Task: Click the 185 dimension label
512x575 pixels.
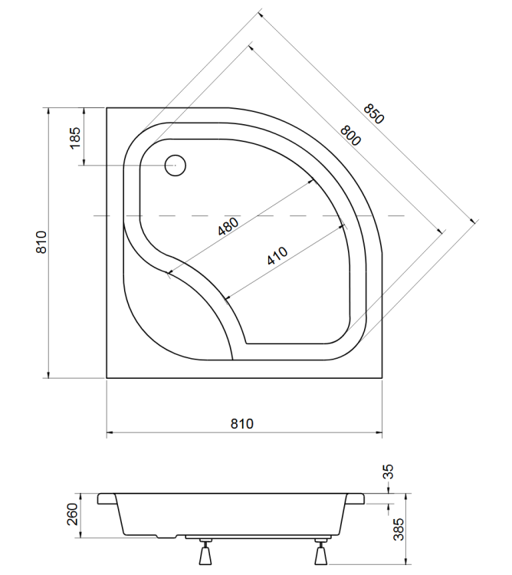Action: [74, 138]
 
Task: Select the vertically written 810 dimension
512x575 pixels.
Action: [43, 242]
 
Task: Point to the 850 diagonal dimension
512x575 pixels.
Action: [373, 113]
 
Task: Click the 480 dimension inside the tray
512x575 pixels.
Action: [229, 228]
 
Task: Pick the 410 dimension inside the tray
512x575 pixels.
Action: [277, 255]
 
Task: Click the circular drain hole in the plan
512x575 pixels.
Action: [176, 165]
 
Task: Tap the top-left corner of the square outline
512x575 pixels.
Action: [107, 108]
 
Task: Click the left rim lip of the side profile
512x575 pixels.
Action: [107, 498]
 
